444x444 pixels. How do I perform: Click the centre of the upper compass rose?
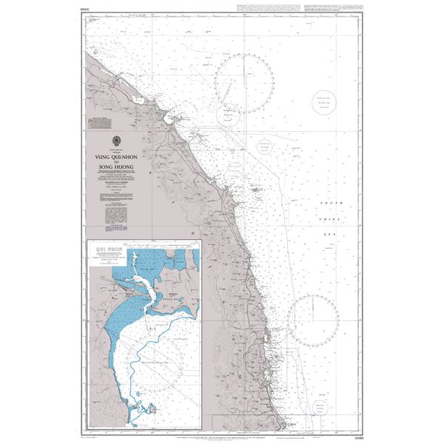pos(243,83)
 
